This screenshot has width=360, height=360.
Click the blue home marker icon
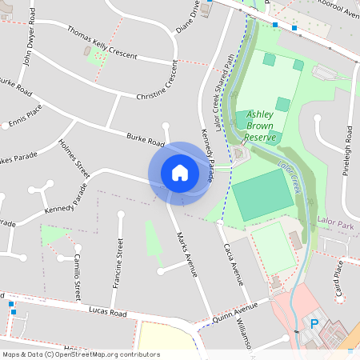tap(180, 172)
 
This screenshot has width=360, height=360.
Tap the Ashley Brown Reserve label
tap(261, 126)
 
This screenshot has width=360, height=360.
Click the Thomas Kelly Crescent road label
tap(102, 43)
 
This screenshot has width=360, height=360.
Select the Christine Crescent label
tap(157, 87)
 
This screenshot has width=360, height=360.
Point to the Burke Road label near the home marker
tap(145, 141)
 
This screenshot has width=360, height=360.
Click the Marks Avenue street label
tap(186, 254)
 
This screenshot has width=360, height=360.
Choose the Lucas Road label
tap(108, 311)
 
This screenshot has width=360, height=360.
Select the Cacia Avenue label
tap(232, 264)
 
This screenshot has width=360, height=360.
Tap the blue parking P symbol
tap(314, 324)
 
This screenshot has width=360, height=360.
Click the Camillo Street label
tap(76, 274)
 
